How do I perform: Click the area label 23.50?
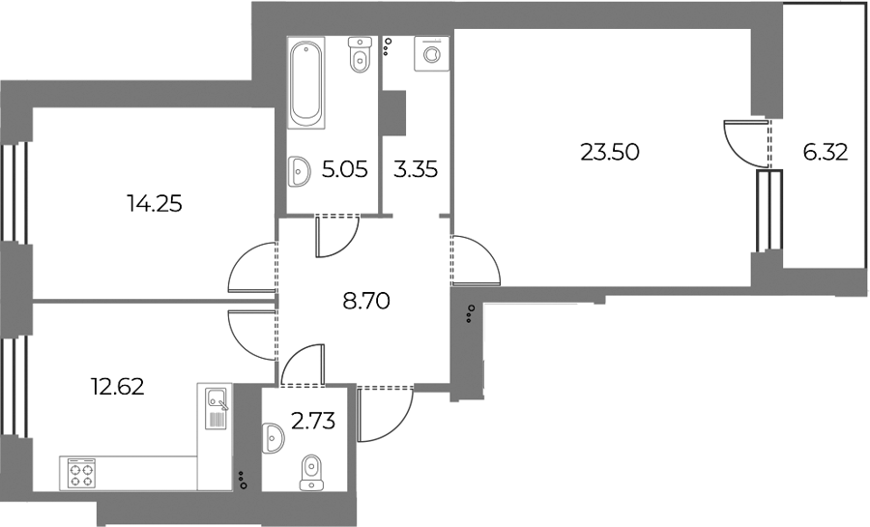click(609, 152)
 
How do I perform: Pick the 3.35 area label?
click(416, 171)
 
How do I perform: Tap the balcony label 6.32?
click(825, 152)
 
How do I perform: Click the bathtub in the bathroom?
click(305, 82)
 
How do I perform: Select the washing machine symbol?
click(428, 53)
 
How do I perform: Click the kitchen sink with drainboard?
click(215, 406)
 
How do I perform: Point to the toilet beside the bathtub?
click(360, 56)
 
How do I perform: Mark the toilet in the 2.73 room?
click(311, 471)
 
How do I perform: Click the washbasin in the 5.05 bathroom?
click(299, 172)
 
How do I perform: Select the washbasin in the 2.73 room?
click(274, 440)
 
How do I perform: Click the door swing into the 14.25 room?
click(251, 268)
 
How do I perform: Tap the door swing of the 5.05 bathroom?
click(336, 237)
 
